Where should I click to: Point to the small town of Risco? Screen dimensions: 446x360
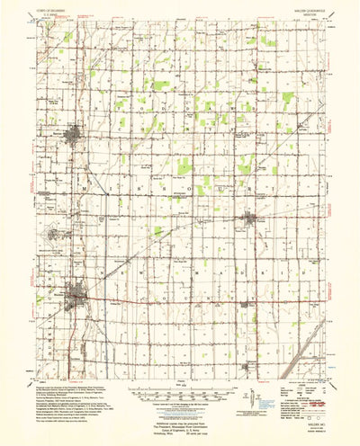pyautogui.click(x=251, y=306)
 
